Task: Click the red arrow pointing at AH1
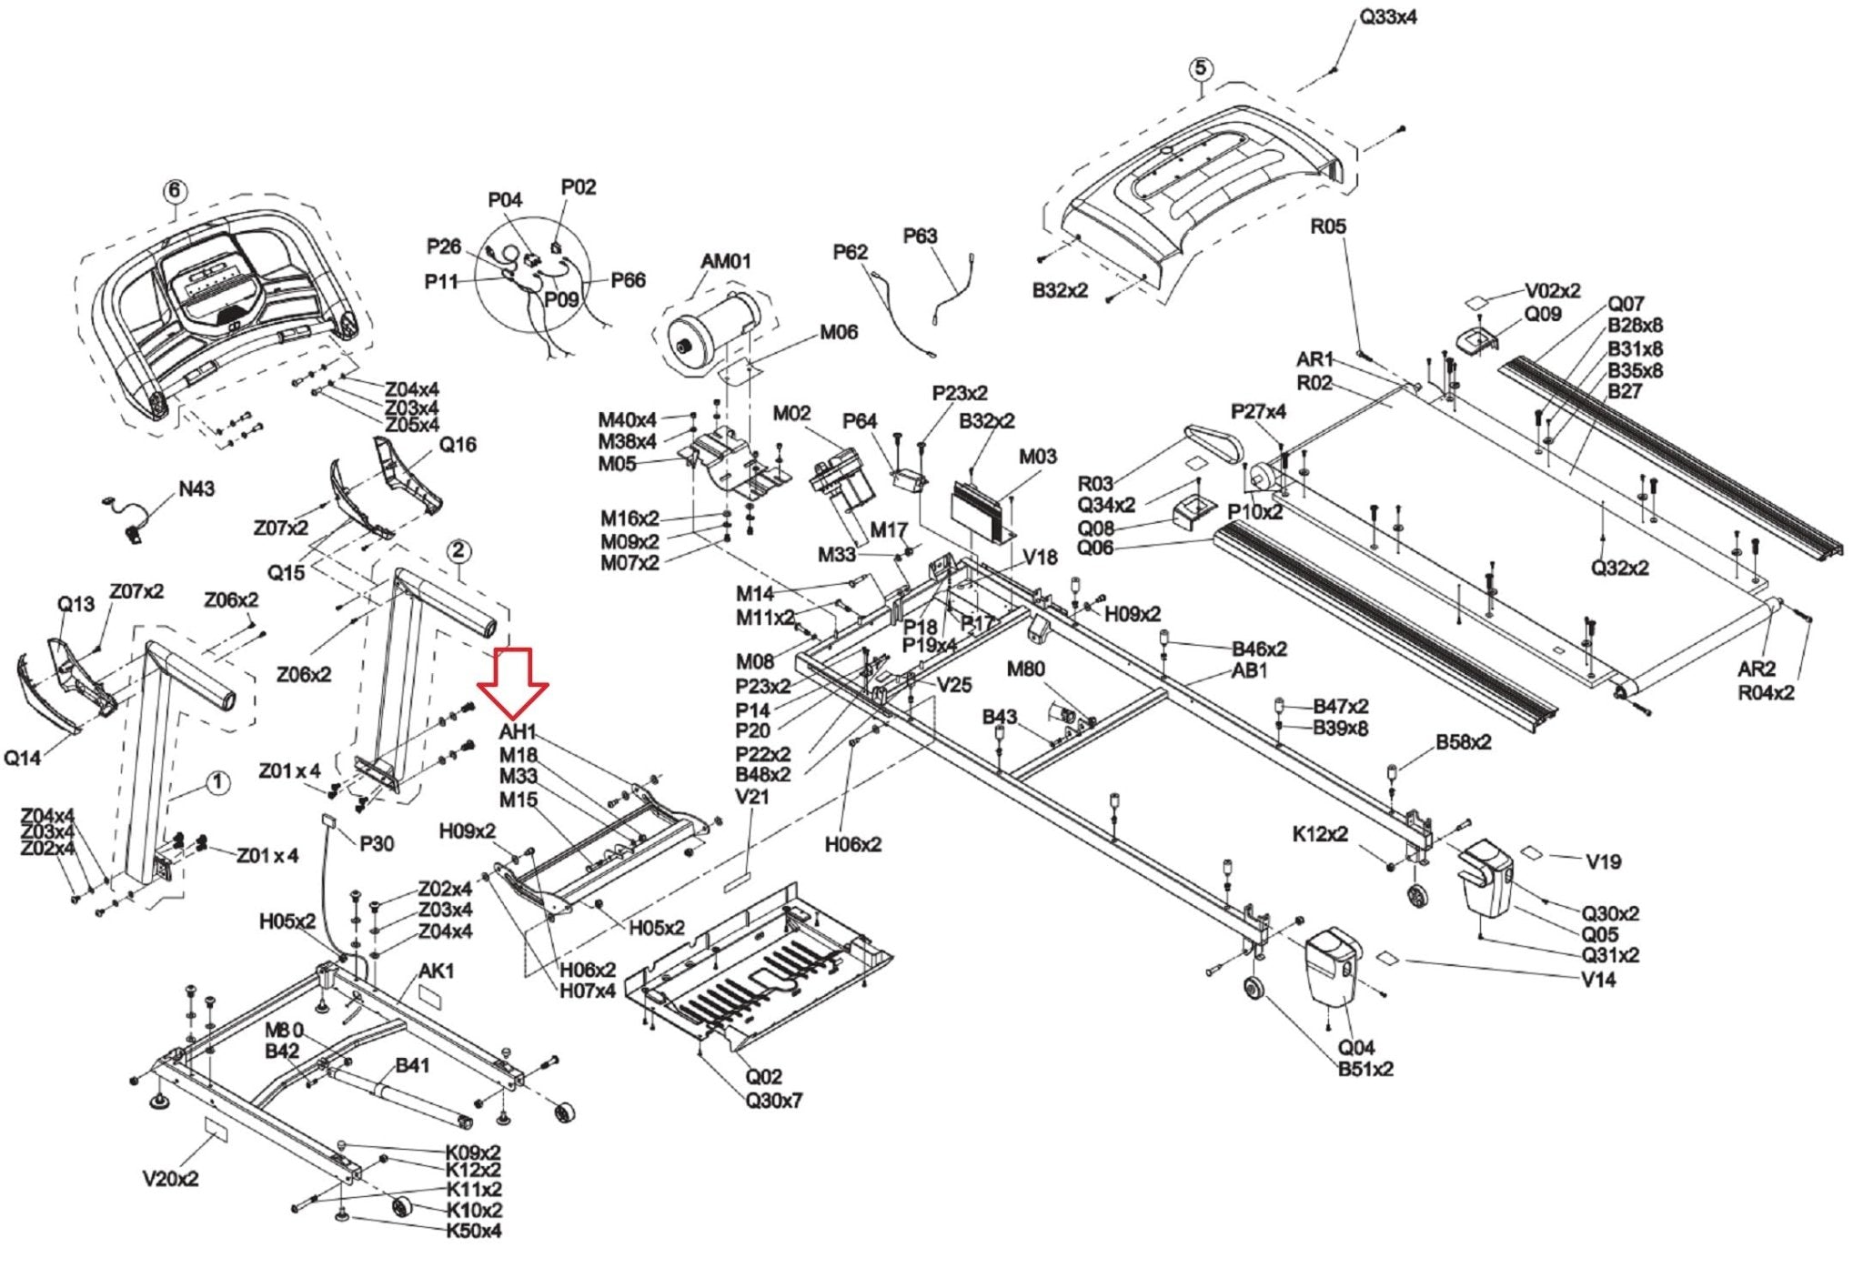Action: tap(513, 683)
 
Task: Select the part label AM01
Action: tap(726, 261)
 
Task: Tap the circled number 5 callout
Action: tap(1201, 68)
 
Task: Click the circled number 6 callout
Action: tap(175, 192)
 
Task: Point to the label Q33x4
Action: tap(1387, 17)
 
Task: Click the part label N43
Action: tap(196, 489)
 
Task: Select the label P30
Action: tap(377, 844)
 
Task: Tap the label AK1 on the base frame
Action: tap(436, 971)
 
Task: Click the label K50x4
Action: tap(473, 1231)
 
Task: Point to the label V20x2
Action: tap(170, 1179)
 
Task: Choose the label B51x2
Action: tap(1365, 1069)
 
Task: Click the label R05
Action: tap(1327, 226)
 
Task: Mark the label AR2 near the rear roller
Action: tap(1757, 669)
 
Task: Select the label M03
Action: tap(1038, 457)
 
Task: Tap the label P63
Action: tap(920, 236)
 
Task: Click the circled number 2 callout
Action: tap(458, 550)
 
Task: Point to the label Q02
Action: tap(764, 1077)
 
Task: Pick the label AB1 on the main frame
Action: tap(1250, 670)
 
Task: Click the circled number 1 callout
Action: tap(217, 783)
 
